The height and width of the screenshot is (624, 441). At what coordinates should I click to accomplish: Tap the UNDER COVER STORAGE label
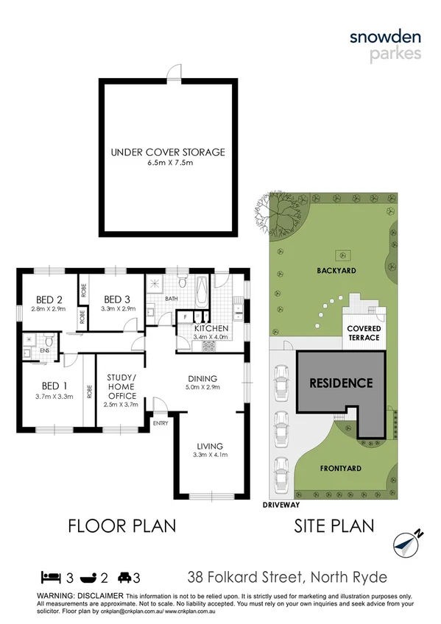point(168,152)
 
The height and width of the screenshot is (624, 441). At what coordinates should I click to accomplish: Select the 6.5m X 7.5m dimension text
point(168,163)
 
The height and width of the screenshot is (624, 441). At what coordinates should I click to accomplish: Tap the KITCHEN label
point(211,327)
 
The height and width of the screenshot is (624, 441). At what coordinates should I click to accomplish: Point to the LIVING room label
point(210,446)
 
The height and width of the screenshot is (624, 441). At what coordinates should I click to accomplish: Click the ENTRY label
point(160,423)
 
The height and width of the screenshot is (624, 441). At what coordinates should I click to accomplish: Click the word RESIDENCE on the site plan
point(340,383)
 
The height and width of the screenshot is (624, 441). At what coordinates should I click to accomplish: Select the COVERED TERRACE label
point(364,332)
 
